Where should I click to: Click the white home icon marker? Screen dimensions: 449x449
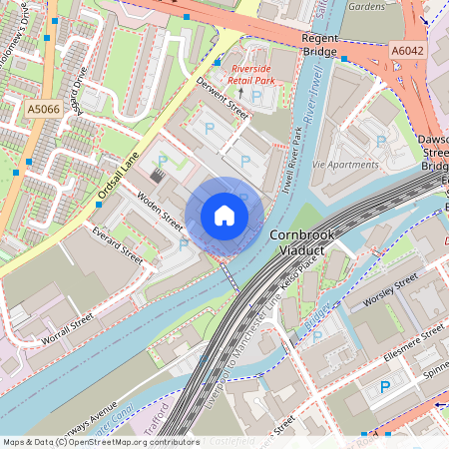[x=224, y=215]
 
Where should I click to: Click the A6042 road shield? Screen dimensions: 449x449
[x=407, y=49]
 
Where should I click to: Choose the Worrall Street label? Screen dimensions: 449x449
[x=67, y=330]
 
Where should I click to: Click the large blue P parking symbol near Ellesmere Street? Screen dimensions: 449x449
[x=384, y=387]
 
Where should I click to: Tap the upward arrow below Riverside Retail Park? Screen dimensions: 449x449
[x=239, y=93]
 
